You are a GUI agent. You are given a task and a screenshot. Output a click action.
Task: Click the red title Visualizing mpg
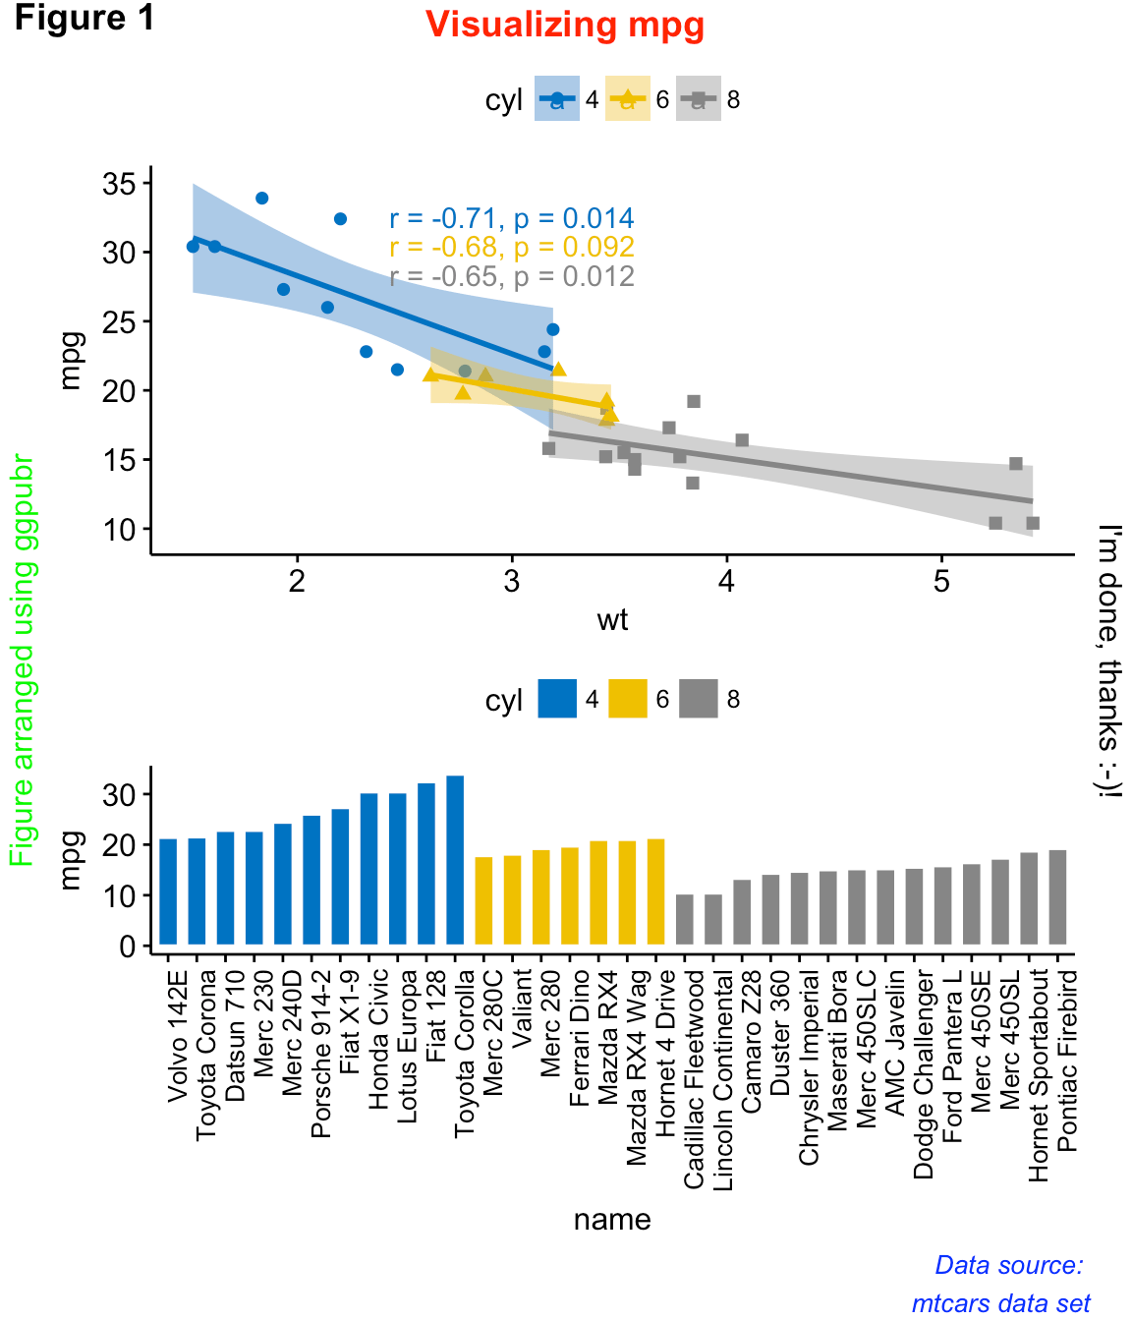(565, 25)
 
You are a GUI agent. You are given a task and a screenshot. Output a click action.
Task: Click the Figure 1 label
(85, 18)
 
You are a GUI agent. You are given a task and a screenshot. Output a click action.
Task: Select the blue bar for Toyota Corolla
(455, 860)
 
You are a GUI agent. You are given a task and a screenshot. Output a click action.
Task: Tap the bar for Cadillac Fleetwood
(685, 920)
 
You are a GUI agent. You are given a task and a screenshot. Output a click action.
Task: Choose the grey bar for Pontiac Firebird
(1057, 896)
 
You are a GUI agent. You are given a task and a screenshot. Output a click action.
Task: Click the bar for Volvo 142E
(168, 891)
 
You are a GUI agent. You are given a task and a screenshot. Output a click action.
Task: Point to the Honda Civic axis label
(379, 1039)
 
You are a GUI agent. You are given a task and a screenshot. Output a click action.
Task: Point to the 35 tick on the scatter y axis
(122, 184)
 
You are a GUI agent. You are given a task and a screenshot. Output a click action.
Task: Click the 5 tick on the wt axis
(941, 582)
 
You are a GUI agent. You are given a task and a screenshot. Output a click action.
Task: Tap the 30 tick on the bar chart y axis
(122, 794)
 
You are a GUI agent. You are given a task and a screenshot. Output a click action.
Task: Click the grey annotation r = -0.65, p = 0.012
(511, 277)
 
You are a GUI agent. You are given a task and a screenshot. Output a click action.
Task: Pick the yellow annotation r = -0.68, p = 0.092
(511, 248)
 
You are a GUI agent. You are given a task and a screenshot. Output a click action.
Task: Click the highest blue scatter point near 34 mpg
(262, 199)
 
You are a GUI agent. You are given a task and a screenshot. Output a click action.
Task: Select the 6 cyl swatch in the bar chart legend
(628, 700)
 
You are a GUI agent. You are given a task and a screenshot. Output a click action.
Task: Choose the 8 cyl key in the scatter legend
(699, 99)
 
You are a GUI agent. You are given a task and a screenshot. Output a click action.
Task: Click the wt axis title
(612, 620)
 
